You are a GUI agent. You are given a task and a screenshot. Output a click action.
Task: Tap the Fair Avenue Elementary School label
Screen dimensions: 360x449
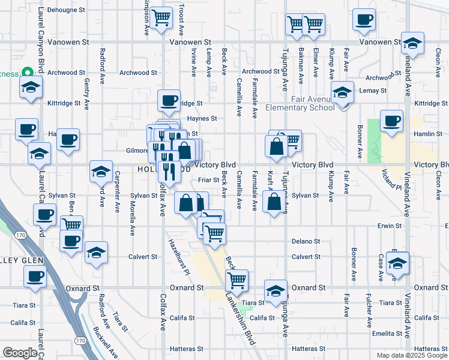304,103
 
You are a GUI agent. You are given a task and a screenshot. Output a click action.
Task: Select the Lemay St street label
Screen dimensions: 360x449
374,90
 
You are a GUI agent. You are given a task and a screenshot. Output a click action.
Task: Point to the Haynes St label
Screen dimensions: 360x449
202,119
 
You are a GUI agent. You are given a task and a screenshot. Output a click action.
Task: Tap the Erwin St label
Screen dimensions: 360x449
390,226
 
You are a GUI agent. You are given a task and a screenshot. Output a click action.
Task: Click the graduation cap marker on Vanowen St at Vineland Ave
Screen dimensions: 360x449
412,43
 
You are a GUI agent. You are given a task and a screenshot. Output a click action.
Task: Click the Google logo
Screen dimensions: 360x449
20,352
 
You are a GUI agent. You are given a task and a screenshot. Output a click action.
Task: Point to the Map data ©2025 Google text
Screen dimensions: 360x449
411,355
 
